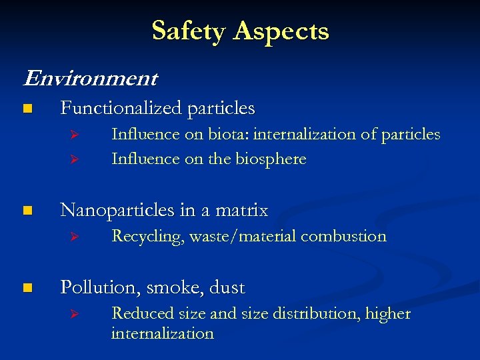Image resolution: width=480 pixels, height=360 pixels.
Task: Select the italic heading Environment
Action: pos(91,79)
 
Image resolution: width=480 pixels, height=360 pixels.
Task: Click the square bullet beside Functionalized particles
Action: pos(26,108)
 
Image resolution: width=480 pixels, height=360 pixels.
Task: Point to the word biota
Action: pos(223,134)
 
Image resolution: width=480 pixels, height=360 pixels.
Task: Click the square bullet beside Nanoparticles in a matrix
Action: pos(26,211)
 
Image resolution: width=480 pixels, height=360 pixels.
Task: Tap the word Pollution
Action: pos(100,287)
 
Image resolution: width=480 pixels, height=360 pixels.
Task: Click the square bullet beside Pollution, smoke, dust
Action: pos(26,288)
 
